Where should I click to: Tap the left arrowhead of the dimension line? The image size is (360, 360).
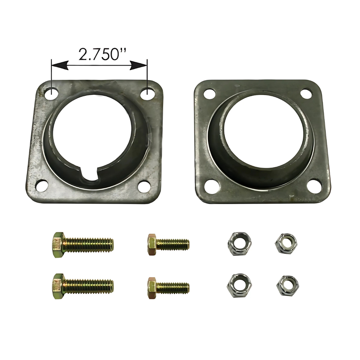[60, 65]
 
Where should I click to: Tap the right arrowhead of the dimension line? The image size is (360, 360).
[139, 65]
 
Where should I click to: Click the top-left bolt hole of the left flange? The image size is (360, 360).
[51, 94]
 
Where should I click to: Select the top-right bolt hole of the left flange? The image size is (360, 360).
[147, 94]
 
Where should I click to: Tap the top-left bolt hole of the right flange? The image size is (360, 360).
[210, 94]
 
